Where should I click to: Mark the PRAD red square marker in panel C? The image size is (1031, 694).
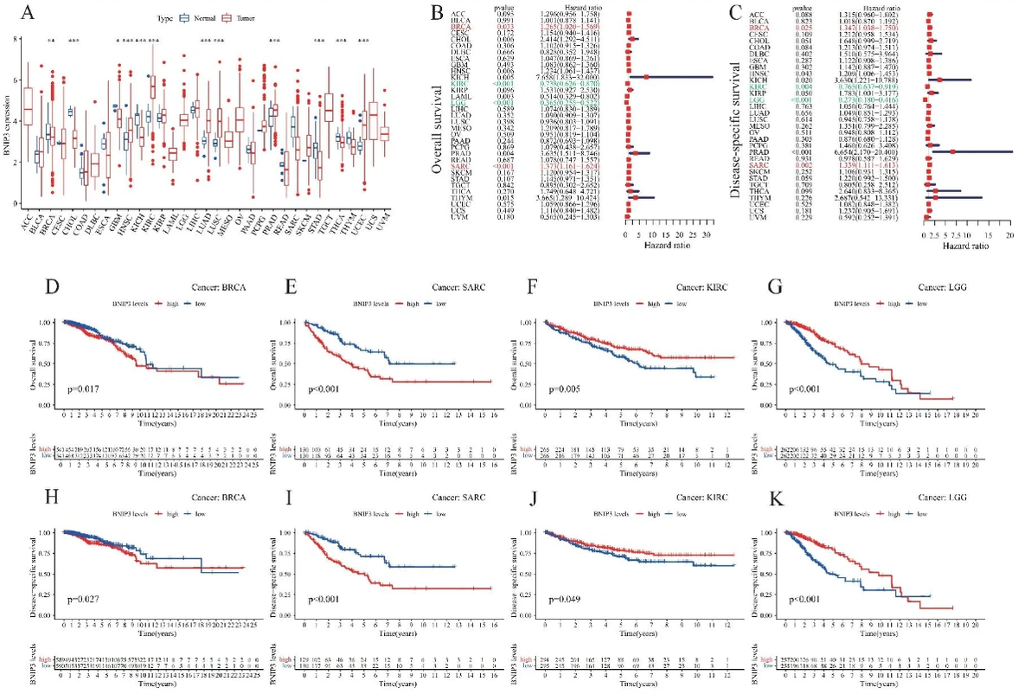point(952,151)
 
